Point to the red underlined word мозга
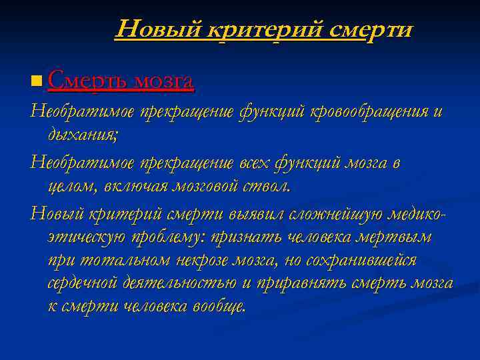point(164,81)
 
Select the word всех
point(254,163)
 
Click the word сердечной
point(83,283)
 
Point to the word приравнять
point(300,283)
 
